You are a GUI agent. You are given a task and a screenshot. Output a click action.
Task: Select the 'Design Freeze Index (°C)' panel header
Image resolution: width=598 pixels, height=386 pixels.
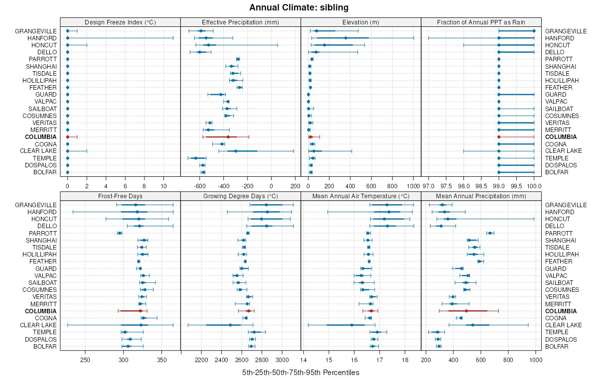point(120,22)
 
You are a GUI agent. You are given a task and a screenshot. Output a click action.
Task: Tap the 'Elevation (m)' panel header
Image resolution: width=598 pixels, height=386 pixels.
point(361,22)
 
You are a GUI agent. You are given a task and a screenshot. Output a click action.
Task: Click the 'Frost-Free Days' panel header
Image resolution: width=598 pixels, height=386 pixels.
point(120,196)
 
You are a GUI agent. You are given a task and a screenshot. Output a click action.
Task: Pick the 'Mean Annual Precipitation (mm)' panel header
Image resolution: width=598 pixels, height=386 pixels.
point(481,196)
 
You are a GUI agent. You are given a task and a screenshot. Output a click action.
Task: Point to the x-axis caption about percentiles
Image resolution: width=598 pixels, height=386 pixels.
point(300,373)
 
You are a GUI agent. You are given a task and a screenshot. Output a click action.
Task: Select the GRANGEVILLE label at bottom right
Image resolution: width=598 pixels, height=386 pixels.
point(566,205)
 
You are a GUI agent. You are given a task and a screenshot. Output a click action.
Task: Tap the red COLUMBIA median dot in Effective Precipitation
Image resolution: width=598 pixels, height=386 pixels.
point(228,137)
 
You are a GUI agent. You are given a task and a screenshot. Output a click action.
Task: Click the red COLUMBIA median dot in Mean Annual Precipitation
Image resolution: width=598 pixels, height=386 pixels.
point(466,311)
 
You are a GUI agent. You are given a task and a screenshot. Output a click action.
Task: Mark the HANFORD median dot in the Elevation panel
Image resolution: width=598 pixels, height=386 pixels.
point(345,38)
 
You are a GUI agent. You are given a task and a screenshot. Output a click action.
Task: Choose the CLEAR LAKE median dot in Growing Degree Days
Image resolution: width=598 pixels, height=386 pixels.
point(230,325)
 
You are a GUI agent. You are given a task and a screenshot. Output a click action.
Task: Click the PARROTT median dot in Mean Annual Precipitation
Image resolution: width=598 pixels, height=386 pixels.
point(490,233)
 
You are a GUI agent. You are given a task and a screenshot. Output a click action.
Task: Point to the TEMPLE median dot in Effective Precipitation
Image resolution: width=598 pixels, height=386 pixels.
point(196,158)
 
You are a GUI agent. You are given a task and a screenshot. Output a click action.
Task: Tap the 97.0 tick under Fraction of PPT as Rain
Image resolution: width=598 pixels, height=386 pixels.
point(429,186)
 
